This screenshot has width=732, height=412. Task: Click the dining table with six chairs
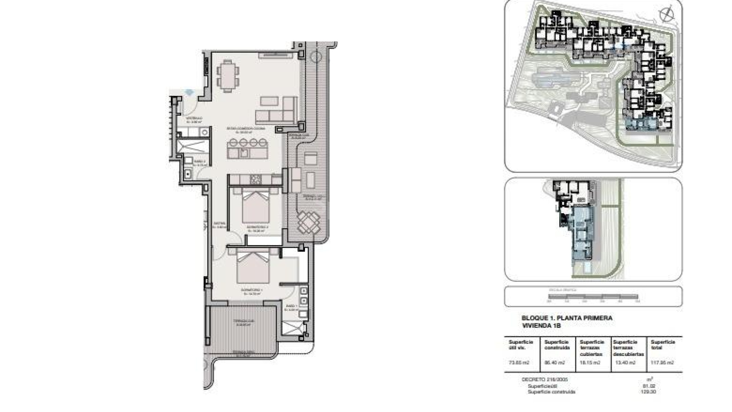(x=228, y=76)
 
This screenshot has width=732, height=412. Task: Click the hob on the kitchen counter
(x=256, y=179)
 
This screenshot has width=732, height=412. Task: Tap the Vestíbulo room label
(x=193, y=119)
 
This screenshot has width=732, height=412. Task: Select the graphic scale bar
(x=593, y=297)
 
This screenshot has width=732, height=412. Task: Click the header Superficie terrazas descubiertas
(x=628, y=348)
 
